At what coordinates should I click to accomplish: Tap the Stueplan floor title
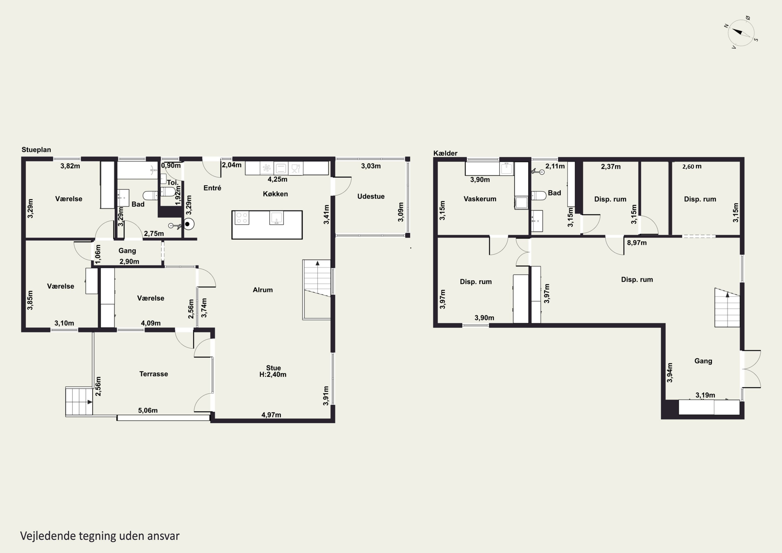tap(36, 150)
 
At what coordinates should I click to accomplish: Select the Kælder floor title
tap(445, 153)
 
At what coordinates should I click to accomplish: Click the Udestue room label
tap(371, 196)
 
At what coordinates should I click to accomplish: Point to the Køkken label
tap(275, 194)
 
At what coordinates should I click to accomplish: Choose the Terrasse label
tap(154, 374)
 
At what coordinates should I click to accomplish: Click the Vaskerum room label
tap(480, 199)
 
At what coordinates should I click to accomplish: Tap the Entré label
tap(212, 188)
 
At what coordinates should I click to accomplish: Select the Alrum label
tap(262, 290)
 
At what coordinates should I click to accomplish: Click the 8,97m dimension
tap(637, 243)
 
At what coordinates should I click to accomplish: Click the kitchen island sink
tap(276, 218)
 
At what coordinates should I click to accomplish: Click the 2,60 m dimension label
tap(692, 167)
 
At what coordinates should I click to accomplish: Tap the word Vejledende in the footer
tap(48, 536)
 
